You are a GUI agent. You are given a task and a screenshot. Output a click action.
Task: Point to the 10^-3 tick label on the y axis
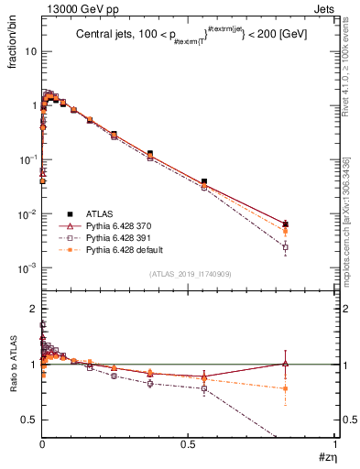click(x=28, y=268)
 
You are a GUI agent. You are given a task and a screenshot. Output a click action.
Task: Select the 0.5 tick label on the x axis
click(x=188, y=445)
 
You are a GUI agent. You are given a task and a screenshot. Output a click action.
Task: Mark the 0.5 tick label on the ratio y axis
click(x=29, y=420)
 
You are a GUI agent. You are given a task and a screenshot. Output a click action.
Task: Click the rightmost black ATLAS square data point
click(x=286, y=224)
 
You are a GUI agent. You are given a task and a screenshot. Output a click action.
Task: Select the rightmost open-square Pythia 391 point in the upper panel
click(x=286, y=247)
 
